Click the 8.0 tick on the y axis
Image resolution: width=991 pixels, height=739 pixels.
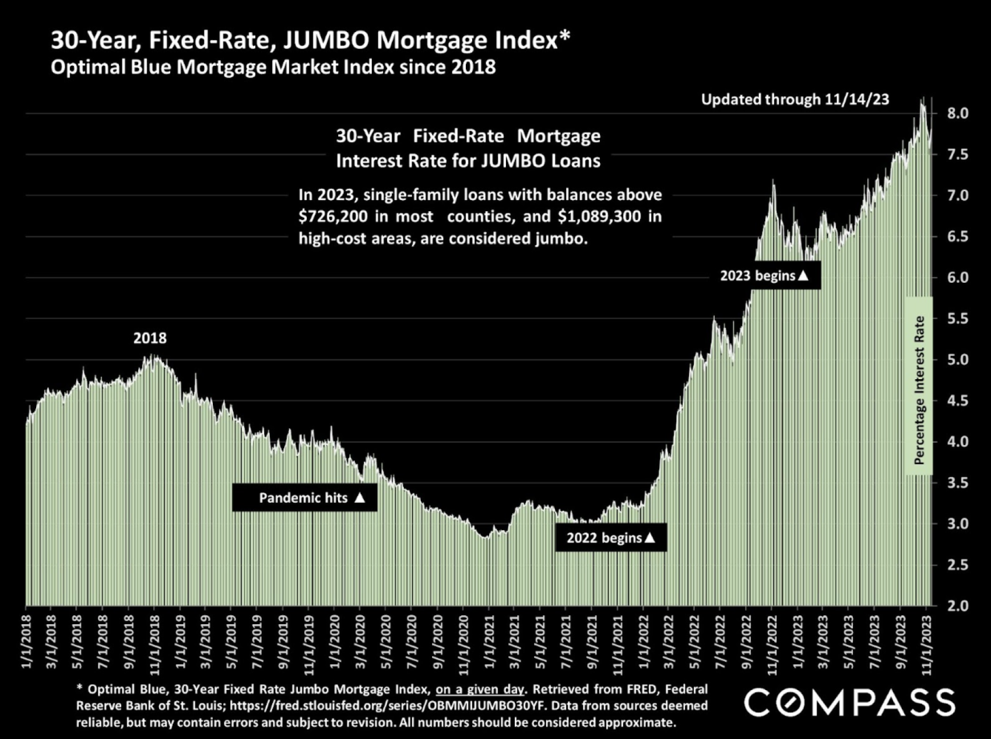[958, 113]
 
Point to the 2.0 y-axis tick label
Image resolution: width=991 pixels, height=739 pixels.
[958, 606]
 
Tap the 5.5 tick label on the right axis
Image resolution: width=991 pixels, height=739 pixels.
[958, 318]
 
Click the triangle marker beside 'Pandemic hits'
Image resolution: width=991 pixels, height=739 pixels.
[360, 498]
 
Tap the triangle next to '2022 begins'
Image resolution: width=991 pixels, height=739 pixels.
[650, 538]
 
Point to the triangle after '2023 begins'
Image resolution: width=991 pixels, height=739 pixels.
[803, 275]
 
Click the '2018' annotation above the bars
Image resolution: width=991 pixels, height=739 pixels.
[150, 338]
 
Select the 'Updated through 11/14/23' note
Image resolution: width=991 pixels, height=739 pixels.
[795, 100]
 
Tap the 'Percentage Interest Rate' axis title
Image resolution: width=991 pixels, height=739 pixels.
[919, 390]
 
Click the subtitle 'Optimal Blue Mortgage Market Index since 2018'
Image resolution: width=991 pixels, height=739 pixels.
[273, 67]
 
